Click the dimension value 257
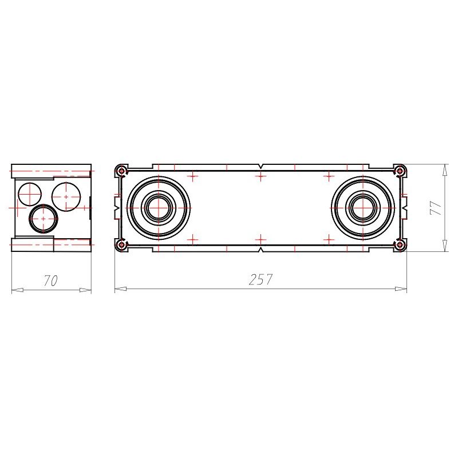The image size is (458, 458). [x=260, y=279]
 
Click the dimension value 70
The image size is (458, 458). [x=51, y=281]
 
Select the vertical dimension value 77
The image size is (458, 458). [x=436, y=208]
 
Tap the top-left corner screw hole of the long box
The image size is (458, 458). [x=121, y=171]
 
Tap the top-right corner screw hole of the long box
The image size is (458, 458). [x=400, y=171]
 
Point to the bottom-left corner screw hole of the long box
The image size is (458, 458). [x=121, y=244]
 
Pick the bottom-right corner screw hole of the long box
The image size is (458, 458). [x=400, y=244]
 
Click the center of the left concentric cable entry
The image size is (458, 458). [x=159, y=208]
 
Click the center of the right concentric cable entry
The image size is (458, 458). [x=363, y=208]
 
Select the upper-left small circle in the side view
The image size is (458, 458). [x=30, y=194]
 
